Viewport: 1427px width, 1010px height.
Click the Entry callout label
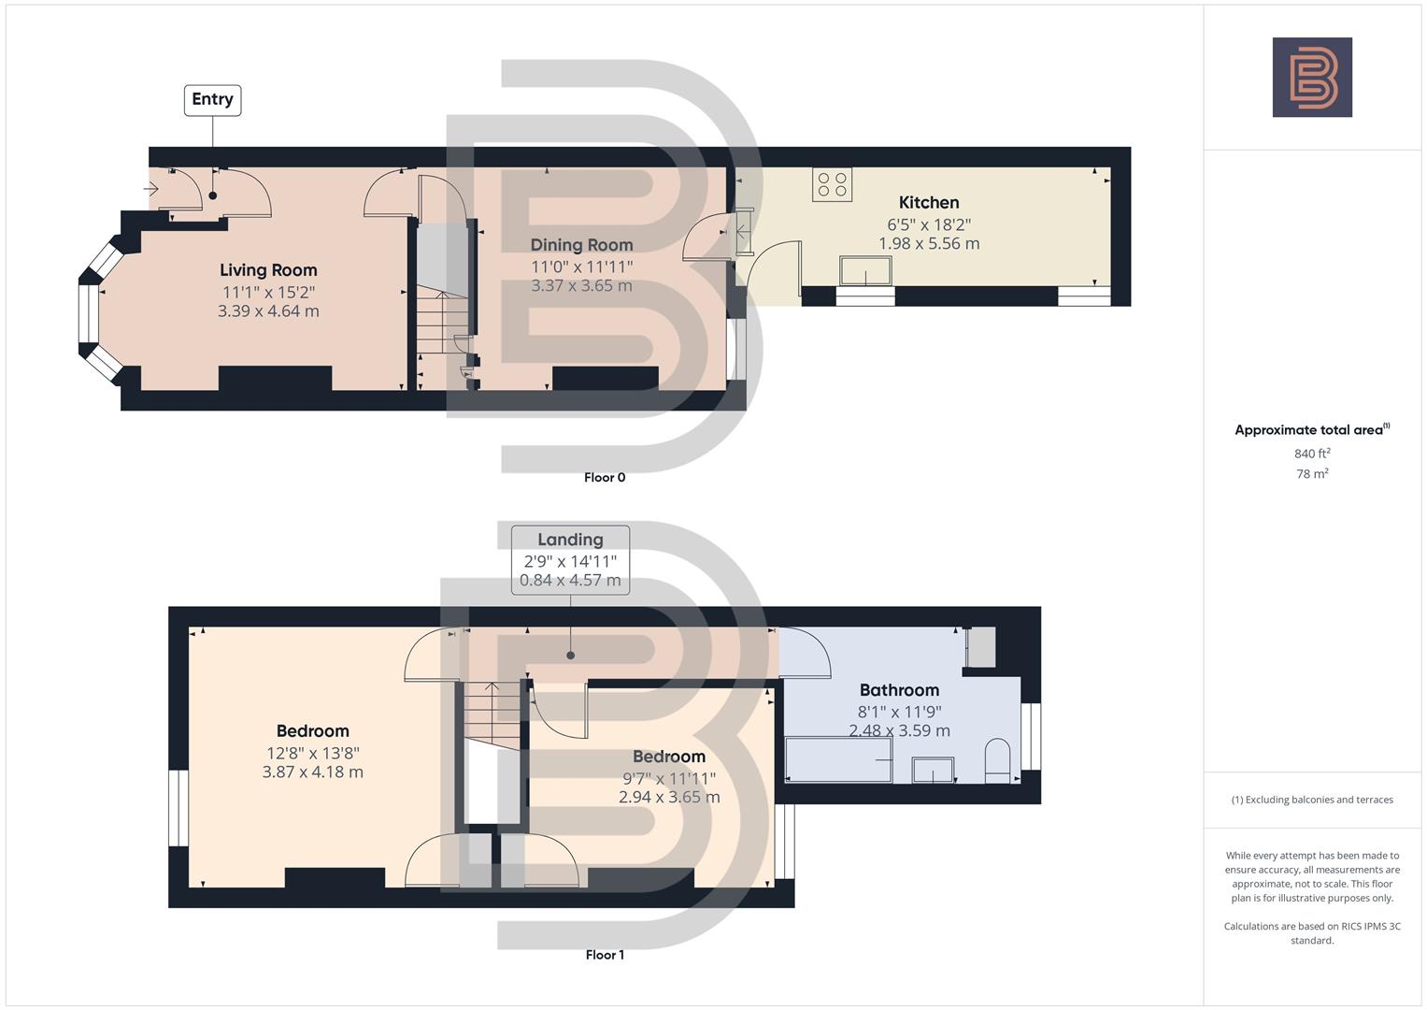pos(212,100)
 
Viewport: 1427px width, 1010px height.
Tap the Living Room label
pos(268,270)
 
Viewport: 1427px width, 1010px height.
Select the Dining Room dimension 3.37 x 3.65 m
pos(581,286)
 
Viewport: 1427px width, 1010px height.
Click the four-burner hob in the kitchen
pos(832,184)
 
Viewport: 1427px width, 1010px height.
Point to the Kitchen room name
pos(928,203)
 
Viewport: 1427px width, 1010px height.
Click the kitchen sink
pos(865,271)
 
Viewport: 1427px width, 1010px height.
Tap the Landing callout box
pos(570,559)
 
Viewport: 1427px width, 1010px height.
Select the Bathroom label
pos(899,690)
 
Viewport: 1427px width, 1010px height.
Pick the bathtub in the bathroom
pos(838,759)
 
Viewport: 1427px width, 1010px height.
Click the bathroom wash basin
pos(933,771)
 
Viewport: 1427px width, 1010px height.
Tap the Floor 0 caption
pos(605,478)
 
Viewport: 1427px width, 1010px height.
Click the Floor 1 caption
pos(605,955)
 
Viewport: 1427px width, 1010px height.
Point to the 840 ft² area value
pos(1312,454)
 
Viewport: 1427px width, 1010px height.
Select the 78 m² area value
pos(1312,474)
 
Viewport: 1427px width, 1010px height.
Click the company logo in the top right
pos(1312,77)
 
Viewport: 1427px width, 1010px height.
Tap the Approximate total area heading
pos(1311,430)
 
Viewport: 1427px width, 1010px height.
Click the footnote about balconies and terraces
pos(1312,800)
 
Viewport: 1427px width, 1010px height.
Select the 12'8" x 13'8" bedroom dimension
pos(312,753)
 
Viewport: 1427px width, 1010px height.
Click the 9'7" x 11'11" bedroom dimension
pos(668,778)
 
